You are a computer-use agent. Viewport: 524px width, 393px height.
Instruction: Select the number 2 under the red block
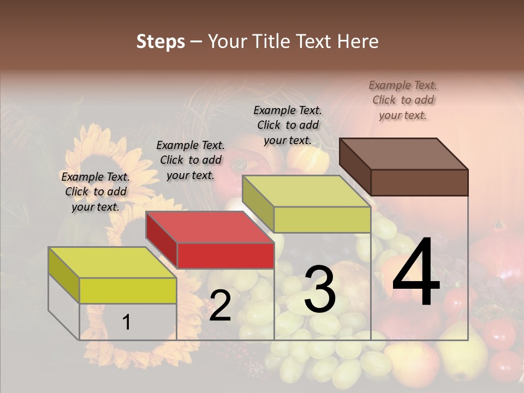click(220, 306)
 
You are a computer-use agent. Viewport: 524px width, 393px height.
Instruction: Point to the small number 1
click(127, 323)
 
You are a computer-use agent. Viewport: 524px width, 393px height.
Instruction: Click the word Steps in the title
click(160, 41)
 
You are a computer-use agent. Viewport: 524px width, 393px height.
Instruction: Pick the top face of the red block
click(210, 227)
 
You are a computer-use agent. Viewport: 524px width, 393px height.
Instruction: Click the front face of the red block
click(225, 255)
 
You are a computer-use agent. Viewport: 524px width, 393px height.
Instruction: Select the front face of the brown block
click(419, 182)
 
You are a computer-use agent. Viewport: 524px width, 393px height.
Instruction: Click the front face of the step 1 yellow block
click(128, 290)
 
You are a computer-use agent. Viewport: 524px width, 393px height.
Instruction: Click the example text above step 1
click(96, 192)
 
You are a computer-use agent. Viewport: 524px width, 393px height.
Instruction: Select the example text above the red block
click(190, 160)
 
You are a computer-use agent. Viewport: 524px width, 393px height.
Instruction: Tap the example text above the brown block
click(403, 100)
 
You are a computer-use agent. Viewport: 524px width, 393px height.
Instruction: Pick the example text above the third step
click(288, 125)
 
